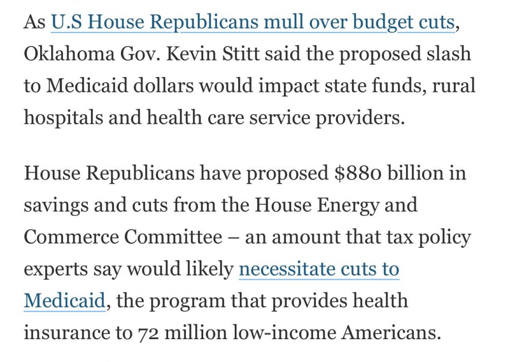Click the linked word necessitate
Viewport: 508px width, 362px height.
point(289,269)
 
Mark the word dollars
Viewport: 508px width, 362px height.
point(160,86)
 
